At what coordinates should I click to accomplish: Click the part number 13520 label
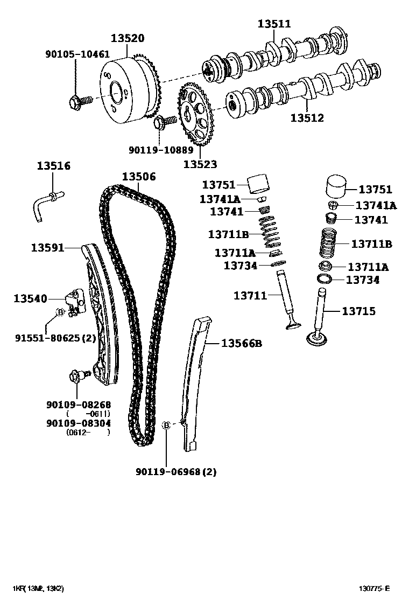tap(128, 38)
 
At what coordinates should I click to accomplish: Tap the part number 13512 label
tap(307, 117)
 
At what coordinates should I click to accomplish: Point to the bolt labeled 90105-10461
tap(76, 100)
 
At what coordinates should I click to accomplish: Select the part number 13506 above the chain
tap(138, 176)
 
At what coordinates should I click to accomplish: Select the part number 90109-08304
tap(79, 423)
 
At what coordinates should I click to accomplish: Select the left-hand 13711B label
tap(228, 234)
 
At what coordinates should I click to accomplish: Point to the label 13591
tap(47, 247)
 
